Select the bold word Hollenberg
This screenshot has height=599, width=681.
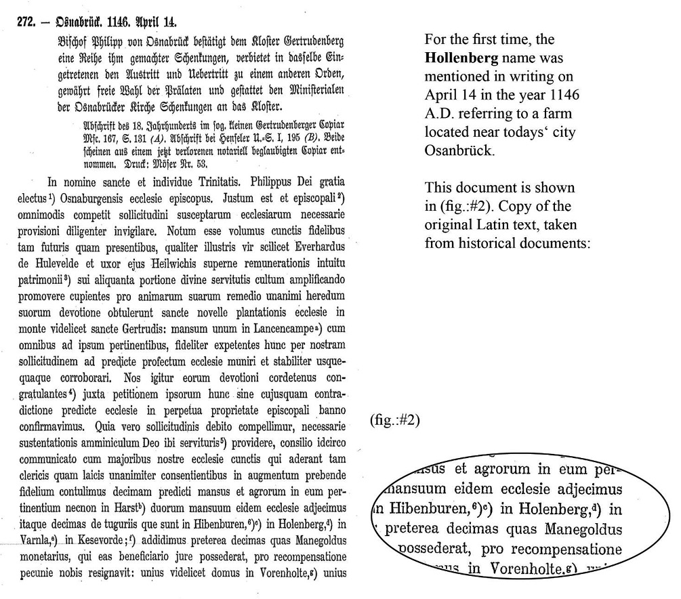(x=454, y=59)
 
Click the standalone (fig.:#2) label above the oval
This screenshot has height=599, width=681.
(x=395, y=420)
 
